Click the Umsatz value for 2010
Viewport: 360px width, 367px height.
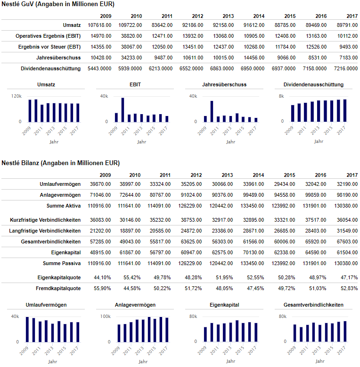130,25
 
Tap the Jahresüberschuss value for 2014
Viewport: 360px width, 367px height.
254,58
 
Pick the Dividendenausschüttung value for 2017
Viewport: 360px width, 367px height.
346,68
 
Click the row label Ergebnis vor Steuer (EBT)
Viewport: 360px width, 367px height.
49,47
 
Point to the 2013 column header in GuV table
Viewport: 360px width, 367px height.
228,16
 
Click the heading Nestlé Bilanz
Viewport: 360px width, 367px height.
20,163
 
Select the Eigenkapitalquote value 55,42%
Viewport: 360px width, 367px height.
132,277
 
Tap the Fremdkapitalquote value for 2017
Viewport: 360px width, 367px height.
349,288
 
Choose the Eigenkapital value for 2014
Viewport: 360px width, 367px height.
254,252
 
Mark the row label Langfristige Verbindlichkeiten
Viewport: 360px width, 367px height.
45,231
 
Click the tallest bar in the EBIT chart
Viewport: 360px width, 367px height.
123,110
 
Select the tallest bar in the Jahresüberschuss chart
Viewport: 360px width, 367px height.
212,111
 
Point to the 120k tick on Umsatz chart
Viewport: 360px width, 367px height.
16,96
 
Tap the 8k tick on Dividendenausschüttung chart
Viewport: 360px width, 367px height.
281,96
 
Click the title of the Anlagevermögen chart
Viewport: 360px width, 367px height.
135,305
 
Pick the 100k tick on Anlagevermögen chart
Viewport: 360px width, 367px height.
106,317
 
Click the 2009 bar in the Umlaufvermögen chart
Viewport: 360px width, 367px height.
27,330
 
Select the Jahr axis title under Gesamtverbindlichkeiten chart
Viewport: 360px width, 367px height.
320,361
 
